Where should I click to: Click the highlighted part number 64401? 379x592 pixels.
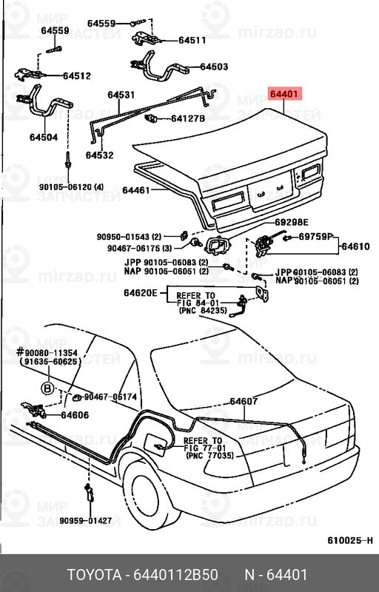pyautogui.click(x=284, y=95)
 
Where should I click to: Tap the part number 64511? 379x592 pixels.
pyautogui.click(x=192, y=41)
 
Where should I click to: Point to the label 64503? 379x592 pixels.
pyautogui.click(x=214, y=67)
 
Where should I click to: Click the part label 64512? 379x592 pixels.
pyautogui.click(x=76, y=75)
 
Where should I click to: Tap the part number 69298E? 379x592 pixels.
pyautogui.click(x=291, y=222)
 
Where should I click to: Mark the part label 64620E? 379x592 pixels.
pyautogui.click(x=140, y=294)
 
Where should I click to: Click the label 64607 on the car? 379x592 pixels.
pyautogui.click(x=244, y=402)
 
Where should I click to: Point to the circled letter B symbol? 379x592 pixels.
pyautogui.click(x=47, y=387)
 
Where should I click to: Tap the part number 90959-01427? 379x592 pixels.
pyautogui.click(x=86, y=520)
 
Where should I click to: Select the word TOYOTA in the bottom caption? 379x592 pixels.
pyautogui.click(x=96, y=575)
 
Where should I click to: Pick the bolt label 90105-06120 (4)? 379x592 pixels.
pyautogui.click(x=72, y=186)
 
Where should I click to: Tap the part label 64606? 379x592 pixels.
pyautogui.click(x=75, y=415)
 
